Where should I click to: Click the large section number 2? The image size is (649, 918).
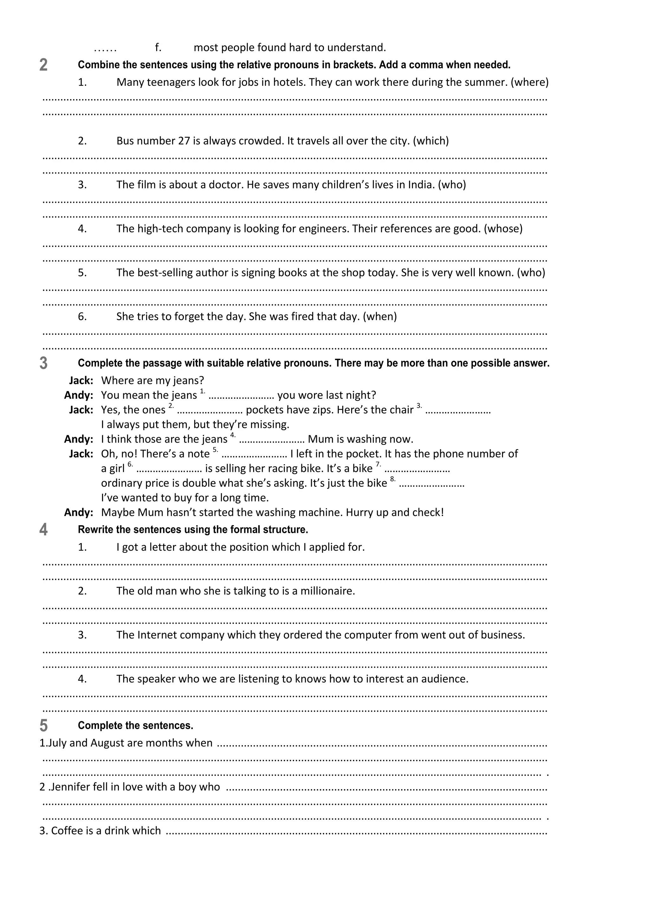[x=43, y=65]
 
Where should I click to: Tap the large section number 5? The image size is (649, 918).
[x=43, y=726]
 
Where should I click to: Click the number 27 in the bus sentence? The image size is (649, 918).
[x=184, y=141]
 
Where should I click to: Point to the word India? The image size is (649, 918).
[x=421, y=185]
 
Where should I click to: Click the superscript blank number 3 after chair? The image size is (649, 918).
[x=419, y=406]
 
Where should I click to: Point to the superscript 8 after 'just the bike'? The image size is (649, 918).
[x=392, y=479]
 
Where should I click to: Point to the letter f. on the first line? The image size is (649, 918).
[x=158, y=48]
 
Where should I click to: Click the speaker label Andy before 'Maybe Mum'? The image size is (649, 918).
[x=79, y=513]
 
